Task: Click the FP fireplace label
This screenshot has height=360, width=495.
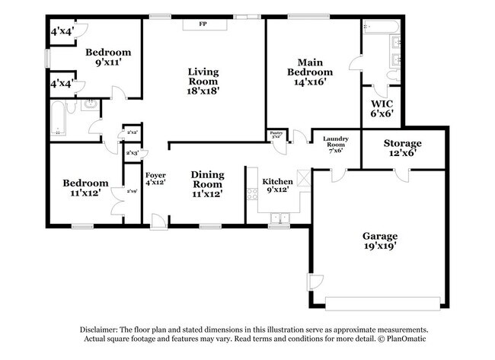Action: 203,24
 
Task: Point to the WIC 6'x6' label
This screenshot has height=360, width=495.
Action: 382,108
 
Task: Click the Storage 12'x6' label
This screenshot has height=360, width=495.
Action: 402,148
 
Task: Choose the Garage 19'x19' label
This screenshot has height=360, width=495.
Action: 378,241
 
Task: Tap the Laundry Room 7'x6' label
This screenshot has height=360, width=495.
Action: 335,145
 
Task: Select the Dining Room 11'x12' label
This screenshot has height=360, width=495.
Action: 206,183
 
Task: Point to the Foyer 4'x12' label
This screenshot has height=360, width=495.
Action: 155,180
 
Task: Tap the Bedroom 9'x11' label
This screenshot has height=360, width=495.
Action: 107,58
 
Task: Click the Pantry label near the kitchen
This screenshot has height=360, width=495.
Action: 276,135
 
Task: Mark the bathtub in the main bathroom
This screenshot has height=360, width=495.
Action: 380,29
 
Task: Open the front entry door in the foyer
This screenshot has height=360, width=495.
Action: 158,221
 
